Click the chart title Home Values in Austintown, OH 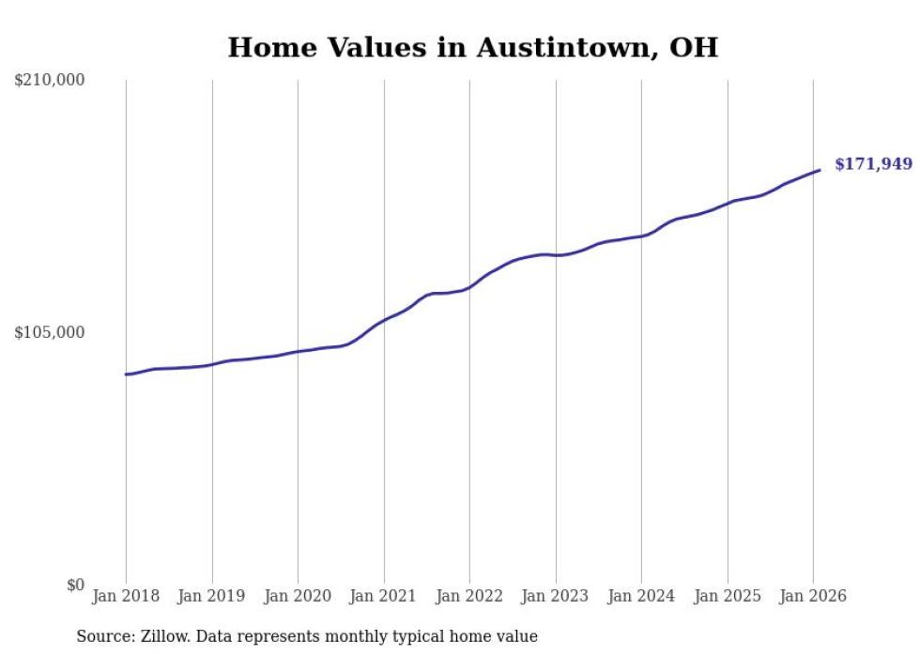pyautogui.click(x=472, y=48)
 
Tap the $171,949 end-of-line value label pyautogui.click(x=873, y=164)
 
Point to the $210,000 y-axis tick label pyautogui.click(x=50, y=81)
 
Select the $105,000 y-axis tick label pyautogui.click(x=50, y=332)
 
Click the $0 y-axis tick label pyautogui.click(x=75, y=586)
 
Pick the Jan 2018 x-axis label pyautogui.click(x=126, y=597)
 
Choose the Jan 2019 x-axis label pyautogui.click(x=212, y=597)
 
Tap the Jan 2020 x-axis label pyautogui.click(x=298, y=597)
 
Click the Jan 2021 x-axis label pyautogui.click(x=384, y=597)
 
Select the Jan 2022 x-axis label pyautogui.click(x=469, y=597)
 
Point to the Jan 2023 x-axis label pyautogui.click(x=556, y=597)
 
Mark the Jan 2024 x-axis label pyautogui.click(x=641, y=597)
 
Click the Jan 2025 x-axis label pyautogui.click(x=728, y=597)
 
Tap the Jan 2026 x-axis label pyautogui.click(x=813, y=597)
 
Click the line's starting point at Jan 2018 pyautogui.click(x=126, y=374)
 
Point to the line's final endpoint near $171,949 pyautogui.click(x=820, y=170)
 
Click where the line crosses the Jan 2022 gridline pyautogui.click(x=469, y=287)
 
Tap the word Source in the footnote pyautogui.click(x=102, y=637)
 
